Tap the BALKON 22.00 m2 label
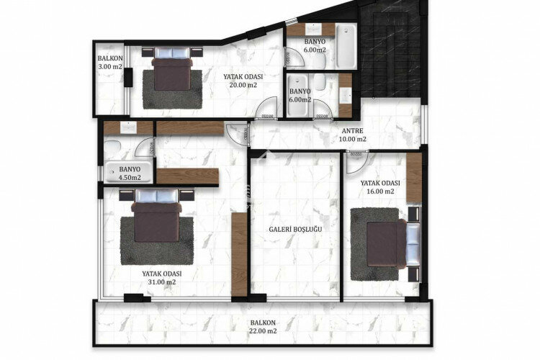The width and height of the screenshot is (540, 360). tap(263, 327)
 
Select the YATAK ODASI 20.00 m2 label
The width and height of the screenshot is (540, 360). tap(243, 80)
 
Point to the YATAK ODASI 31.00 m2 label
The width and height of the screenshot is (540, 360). tap(161, 277)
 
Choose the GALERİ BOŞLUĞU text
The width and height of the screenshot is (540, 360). tap(294, 228)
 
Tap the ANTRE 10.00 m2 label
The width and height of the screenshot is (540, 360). tap(352, 135)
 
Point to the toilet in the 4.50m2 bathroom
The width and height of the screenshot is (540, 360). tap(113, 148)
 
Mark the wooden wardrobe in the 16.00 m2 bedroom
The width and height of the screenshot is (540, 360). tap(413, 178)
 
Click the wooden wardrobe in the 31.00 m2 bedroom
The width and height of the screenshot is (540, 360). tap(239, 253)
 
